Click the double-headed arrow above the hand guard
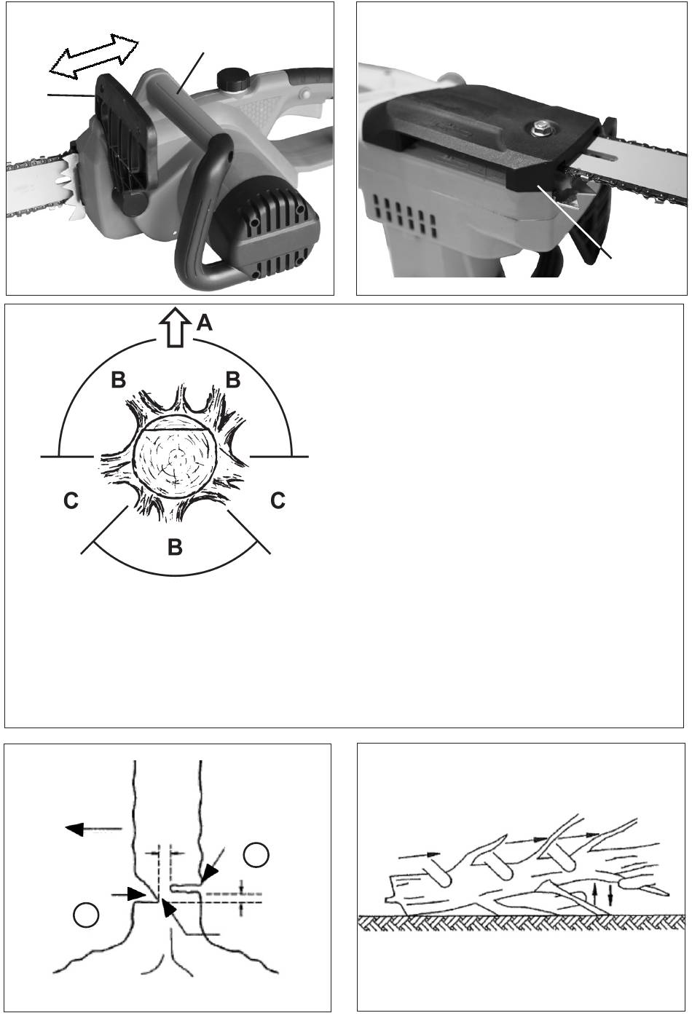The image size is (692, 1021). pos(94,57)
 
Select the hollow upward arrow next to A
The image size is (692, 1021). pos(176,328)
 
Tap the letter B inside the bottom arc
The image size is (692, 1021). pos(176,546)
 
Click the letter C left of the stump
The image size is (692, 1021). pos(71,500)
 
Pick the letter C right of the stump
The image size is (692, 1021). pos(278,500)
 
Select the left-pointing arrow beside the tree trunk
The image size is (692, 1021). pos(93,829)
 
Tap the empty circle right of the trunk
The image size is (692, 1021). pos(256,855)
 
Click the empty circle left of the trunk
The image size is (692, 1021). pos(86,915)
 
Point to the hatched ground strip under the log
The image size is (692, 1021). pos(521,922)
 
